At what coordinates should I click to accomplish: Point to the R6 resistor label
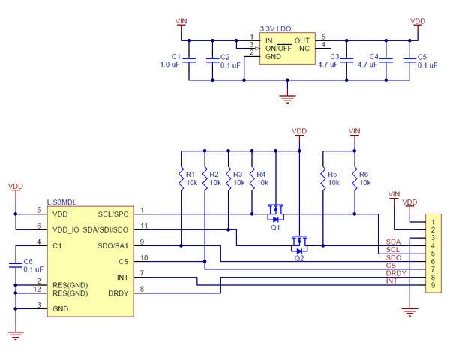364,175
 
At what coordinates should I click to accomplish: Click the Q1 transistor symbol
276,212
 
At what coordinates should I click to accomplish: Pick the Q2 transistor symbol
299,243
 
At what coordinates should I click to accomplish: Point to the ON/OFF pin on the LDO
280,47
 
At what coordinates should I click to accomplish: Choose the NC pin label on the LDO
304,47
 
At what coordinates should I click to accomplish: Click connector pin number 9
432,285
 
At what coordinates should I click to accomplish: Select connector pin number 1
432,223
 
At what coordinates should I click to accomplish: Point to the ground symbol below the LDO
285,95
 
